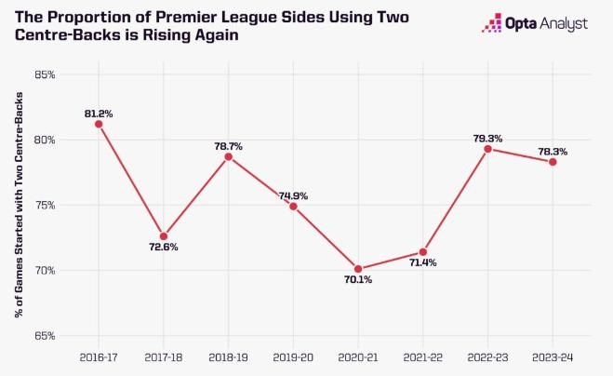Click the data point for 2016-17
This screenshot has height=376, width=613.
coord(99,124)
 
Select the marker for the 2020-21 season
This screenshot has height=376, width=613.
coord(358,269)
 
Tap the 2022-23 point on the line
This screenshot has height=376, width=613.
coord(487,149)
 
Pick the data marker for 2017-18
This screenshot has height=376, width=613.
coord(164,236)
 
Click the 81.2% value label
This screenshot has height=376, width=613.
coord(99,114)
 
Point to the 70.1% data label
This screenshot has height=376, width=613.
coord(357,280)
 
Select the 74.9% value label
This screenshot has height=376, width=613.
coord(293,195)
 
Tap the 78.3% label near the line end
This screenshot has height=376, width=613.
coord(553,151)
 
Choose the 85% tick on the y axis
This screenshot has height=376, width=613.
coord(45,74)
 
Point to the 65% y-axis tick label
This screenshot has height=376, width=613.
coord(45,336)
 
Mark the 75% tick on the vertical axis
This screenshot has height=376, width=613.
coord(45,206)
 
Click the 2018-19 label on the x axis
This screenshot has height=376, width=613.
coord(228,356)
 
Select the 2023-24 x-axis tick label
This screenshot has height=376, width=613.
coord(553,356)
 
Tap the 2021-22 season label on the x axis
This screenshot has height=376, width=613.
coord(422,356)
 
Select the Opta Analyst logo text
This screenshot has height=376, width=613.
coord(557,24)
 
